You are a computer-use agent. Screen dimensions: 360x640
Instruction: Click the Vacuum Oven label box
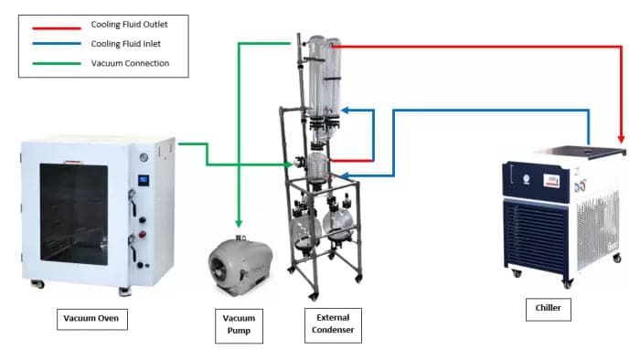point(91,319)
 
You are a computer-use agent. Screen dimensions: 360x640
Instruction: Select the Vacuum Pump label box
point(237,323)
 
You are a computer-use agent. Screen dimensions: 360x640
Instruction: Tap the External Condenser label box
point(333,324)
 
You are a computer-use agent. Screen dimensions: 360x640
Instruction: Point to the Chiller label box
point(549,310)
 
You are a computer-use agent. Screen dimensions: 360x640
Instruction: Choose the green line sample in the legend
point(57,63)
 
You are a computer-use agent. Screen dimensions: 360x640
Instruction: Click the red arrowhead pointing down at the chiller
point(622,139)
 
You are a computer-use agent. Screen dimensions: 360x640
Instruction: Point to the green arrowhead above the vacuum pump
point(239,222)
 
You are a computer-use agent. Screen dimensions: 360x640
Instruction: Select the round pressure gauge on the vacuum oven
point(144,157)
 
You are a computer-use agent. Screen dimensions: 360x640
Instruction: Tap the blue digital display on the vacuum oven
point(143,180)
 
